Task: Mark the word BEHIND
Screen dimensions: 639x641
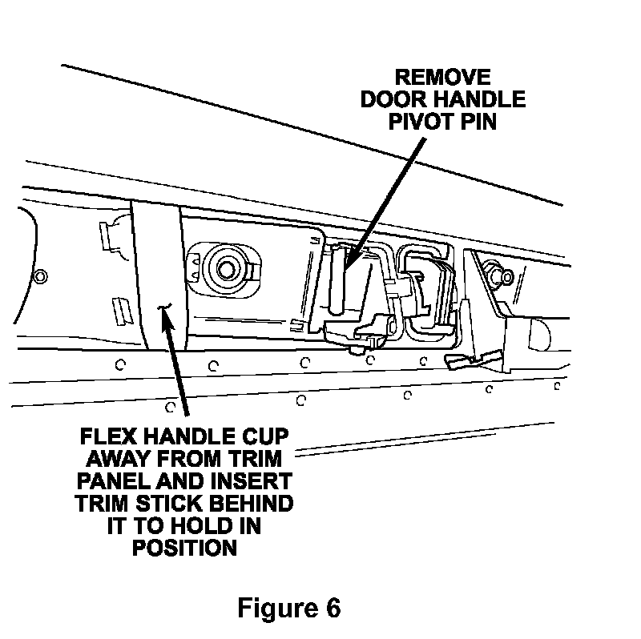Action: (256, 505)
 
